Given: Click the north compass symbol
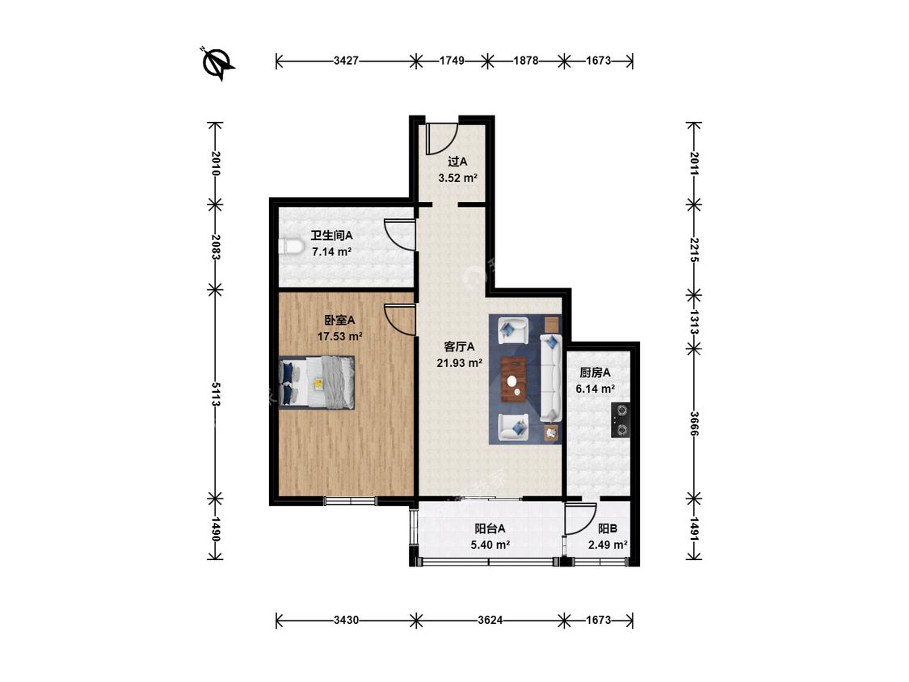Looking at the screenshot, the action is click(217, 62).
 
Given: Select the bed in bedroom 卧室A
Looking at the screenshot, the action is click(317, 383).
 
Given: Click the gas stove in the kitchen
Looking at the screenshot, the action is click(621, 420).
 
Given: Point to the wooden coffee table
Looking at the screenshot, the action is click(514, 379).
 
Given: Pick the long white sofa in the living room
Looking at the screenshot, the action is click(551, 377).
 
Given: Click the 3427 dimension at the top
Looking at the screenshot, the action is click(346, 61).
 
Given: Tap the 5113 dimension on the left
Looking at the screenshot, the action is click(216, 394).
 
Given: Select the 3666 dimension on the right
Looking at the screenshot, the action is click(694, 424).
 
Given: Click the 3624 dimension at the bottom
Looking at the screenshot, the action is click(490, 621).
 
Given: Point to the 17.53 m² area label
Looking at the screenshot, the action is click(339, 336).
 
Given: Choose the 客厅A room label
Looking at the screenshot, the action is click(459, 347).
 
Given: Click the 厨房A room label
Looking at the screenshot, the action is click(595, 373).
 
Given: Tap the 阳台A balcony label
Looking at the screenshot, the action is click(490, 529).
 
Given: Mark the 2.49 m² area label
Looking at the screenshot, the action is click(608, 545).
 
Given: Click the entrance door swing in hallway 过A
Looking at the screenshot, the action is click(440, 139).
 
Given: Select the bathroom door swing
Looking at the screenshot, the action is click(400, 234).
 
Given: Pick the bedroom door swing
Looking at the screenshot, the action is click(400, 319).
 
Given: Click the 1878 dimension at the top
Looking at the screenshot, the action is click(526, 61).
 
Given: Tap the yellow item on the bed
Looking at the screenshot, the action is click(318, 383).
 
